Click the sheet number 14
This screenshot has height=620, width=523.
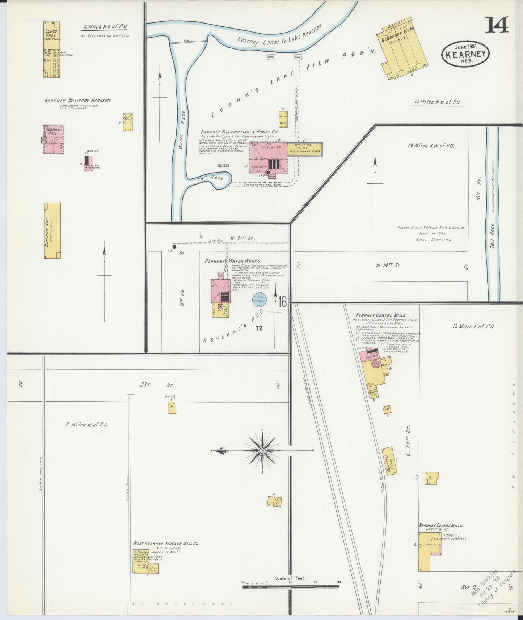pyautogui.click(x=497, y=25)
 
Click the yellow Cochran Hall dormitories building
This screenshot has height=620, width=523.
pyautogui.click(x=52, y=230)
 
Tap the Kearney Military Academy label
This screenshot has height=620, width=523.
pyautogui.click(x=78, y=101)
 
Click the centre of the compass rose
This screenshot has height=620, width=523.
pyautogui.click(x=262, y=450)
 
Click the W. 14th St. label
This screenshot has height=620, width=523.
pyautogui.click(x=387, y=265)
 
